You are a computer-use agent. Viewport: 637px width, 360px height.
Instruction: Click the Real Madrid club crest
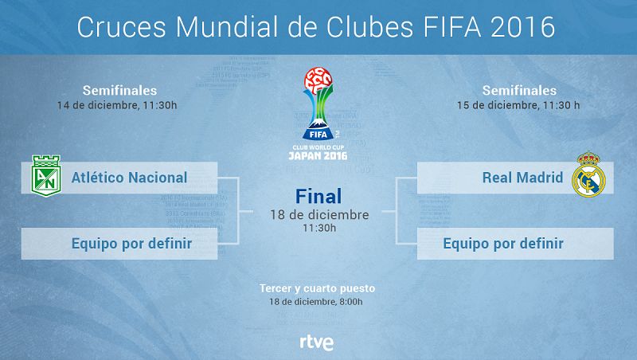[x=589, y=178]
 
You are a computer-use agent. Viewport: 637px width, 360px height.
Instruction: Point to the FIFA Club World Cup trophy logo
[x=318, y=104]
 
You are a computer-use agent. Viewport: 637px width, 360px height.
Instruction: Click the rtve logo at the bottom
[x=317, y=342]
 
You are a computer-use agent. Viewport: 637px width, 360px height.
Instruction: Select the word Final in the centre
[x=318, y=196]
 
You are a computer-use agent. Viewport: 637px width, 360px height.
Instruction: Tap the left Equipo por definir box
[x=119, y=243]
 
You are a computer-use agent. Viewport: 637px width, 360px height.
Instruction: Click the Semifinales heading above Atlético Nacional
[x=119, y=90]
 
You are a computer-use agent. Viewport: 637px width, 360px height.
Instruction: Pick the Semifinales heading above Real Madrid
[x=520, y=90]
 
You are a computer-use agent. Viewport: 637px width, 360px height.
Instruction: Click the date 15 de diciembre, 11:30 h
[x=520, y=104]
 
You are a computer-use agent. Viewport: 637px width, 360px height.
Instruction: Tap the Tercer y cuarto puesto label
[x=318, y=288]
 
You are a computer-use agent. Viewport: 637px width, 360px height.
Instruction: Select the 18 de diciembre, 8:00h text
[x=318, y=303]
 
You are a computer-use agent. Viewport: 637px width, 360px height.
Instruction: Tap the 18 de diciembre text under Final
[x=318, y=215]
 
